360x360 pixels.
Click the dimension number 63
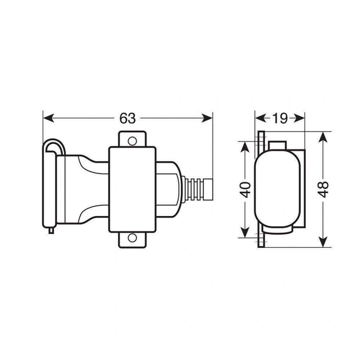(128, 118)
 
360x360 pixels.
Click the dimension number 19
(280, 118)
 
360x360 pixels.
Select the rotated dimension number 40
(246, 189)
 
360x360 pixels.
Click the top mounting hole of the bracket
(132, 140)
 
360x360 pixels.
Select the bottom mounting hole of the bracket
(132, 238)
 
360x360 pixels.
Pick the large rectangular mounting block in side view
(132, 189)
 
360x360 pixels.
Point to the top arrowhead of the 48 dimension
(324, 136)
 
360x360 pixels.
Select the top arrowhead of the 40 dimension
(245, 146)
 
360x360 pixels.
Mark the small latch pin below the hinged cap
(51, 230)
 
